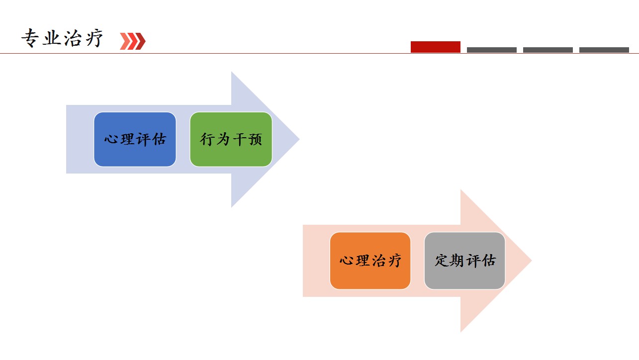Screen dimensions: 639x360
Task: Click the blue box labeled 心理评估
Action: coord(135,139)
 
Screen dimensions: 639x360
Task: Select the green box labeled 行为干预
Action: coord(231,139)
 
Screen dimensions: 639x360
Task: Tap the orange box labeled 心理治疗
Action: coord(370,261)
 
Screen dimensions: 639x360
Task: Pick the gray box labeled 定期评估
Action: coord(464,261)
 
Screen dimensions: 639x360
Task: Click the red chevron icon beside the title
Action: coord(133,41)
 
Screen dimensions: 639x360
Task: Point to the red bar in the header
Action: coord(435,47)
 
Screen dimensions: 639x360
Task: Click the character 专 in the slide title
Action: coord(30,38)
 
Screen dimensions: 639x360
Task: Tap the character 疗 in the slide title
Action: coord(94,38)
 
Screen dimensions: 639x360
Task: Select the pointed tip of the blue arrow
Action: coord(299,139)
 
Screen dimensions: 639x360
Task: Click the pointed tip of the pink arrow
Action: coord(532,261)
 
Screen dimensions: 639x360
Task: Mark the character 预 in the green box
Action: coord(255,139)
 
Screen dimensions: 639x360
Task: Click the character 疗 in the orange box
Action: coord(394,261)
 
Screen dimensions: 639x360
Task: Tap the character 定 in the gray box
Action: coord(442,261)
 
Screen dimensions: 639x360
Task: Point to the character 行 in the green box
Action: coord(207,139)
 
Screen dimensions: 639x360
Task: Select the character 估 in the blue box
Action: coord(159,139)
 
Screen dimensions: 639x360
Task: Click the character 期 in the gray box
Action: coord(457,261)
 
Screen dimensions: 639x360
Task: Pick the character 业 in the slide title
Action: coord(52,38)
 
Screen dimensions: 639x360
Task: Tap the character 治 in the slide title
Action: coord(73,38)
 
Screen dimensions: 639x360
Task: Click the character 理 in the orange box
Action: coord(363,261)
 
